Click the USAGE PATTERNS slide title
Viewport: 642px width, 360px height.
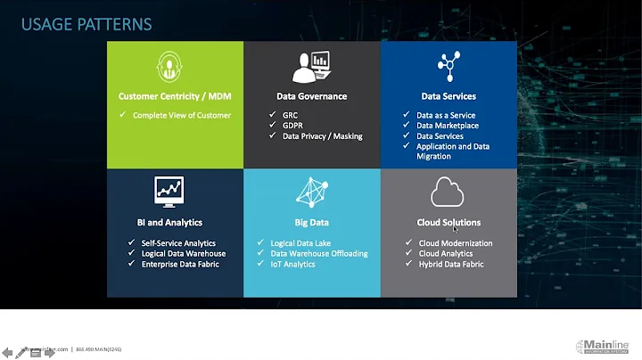tap(86, 24)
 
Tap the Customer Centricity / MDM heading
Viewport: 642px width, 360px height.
tap(175, 96)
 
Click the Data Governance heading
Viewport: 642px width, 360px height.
tap(312, 96)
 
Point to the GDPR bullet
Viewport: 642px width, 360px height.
tap(293, 126)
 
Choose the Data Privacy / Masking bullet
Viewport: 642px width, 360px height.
tap(322, 136)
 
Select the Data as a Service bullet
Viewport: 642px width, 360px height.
tap(446, 115)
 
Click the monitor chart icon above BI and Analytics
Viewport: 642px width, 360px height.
tap(169, 190)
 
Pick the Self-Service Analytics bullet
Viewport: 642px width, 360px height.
tap(178, 243)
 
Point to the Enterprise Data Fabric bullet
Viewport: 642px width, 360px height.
tap(179, 265)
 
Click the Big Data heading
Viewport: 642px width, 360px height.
tap(312, 223)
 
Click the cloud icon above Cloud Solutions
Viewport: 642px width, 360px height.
tap(448, 192)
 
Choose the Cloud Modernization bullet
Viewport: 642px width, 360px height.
tap(455, 243)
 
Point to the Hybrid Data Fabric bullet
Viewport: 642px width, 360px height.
tap(451, 265)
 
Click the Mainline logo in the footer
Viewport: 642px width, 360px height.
tap(605, 347)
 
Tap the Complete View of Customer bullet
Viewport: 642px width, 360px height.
tap(182, 115)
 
